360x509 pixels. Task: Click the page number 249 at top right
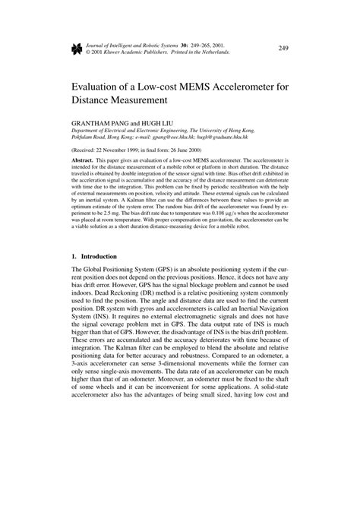coord(283,48)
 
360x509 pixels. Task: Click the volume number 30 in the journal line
coord(177,46)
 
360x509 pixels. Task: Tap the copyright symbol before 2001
coord(88,53)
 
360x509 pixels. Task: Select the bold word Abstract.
coord(82,162)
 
